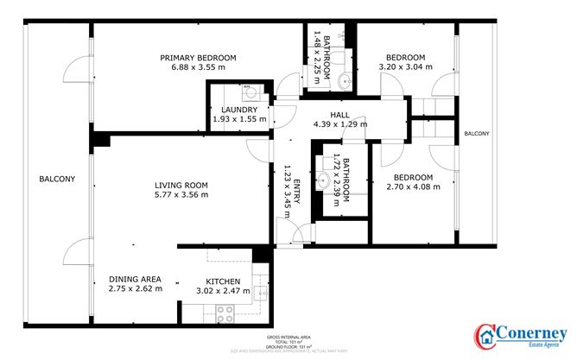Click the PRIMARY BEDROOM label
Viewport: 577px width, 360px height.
pyautogui.click(x=198, y=58)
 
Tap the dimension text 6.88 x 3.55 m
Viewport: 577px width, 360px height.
pyautogui.click(x=198, y=67)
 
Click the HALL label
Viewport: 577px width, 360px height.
pyautogui.click(x=339, y=115)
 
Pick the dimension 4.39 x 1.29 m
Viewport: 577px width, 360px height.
pyautogui.click(x=339, y=124)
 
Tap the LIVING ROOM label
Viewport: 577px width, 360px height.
pyautogui.click(x=181, y=185)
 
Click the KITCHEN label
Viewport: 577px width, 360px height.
pyautogui.click(x=223, y=281)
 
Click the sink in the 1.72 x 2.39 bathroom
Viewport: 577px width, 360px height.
pyautogui.click(x=323, y=181)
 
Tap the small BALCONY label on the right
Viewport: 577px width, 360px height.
pyautogui.click(x=476, y=134)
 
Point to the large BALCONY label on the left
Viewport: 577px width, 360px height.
pyautogui.click(x=57, y=180)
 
